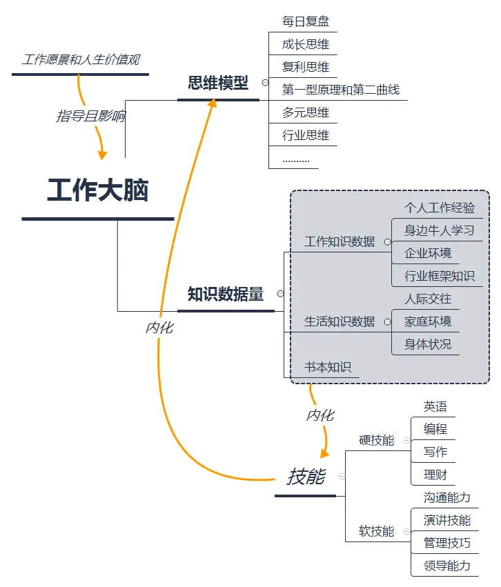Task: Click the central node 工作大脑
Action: coord(97,191)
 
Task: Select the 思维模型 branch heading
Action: coord(218,83)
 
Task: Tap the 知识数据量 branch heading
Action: coord(226,294)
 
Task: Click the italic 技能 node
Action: coord(306,477)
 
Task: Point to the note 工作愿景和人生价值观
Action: coord(81,60)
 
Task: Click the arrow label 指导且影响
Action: coord(90,116)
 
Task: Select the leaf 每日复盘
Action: coord(306,21)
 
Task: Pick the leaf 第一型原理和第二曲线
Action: coord(341,90)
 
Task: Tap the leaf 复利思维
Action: coord(306,67)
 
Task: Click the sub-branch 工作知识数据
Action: coord(340,241)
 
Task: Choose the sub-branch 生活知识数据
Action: coord(340,321)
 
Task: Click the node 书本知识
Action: coord(328,367)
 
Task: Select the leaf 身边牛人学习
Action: coord(440,230)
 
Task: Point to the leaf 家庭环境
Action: coord(428,321)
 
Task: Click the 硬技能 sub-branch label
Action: coord(377,440)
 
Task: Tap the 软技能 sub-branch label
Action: coord(377,531)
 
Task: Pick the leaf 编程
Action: coord(435,429)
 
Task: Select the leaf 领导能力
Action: coord(447,566)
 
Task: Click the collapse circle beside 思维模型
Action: coord(265,83)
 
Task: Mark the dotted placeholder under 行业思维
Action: coord(296,159)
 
